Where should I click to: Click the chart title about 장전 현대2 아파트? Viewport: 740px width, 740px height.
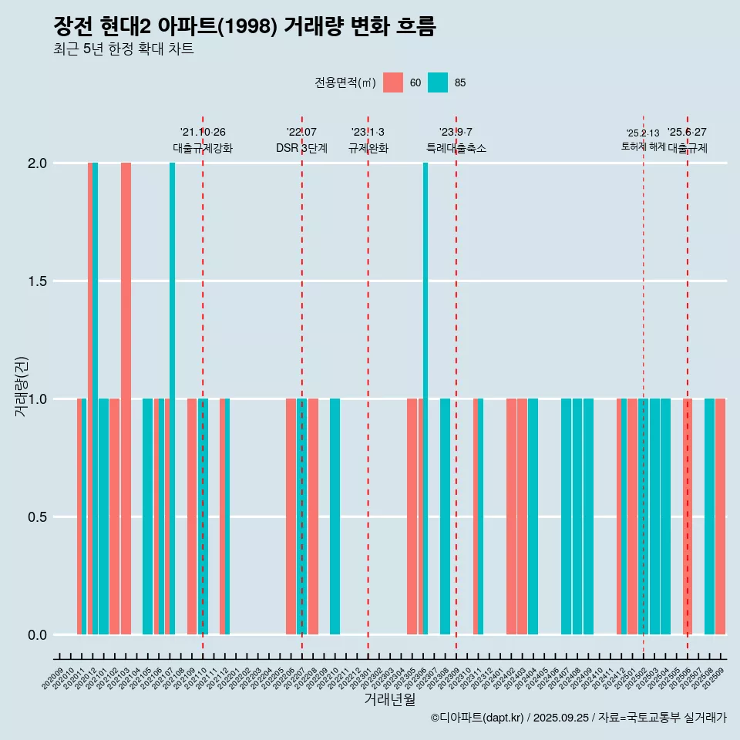(244, 27)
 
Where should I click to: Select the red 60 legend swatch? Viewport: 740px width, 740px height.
(393, 82)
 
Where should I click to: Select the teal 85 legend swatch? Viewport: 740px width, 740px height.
(438, 82)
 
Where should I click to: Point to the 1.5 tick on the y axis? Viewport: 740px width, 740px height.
(37, 281)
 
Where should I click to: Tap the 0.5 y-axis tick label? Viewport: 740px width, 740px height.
(37, 517)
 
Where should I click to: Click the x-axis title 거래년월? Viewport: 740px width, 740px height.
(389, 700)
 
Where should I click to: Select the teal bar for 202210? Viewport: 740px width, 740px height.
(335, 516)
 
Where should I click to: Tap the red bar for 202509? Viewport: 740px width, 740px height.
(721, 516)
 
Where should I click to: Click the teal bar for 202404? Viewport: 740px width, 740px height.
(533, 516)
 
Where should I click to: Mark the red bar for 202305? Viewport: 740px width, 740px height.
(412, 516)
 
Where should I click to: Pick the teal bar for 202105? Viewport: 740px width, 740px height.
(147, 516)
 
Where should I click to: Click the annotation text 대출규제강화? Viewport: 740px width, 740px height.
(202, 148)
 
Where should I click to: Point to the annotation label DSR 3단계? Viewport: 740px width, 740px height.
(301, 148)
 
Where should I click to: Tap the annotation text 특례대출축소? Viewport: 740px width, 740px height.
(456, 148)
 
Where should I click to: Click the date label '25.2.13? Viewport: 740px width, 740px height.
(643, 133)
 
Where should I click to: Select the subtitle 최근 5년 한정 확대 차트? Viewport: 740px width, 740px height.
(123, 49)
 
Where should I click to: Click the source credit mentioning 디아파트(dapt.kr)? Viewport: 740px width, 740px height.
(578, 718)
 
